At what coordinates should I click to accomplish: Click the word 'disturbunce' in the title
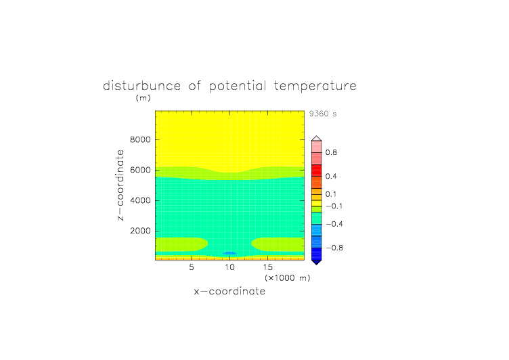(x=142, y=86)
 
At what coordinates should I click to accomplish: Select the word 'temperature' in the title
(x=315, y=87)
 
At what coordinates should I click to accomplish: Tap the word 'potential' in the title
(x=238, y=87)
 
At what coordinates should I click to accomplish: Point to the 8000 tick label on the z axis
(x=140, y=139)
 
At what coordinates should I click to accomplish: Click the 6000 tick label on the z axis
(x=140, y=170)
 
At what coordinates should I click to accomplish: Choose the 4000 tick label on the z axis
(x=140, y=200)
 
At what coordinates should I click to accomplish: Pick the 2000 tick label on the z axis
(x=140, y=231)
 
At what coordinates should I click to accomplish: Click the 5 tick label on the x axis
(x=192, y=267)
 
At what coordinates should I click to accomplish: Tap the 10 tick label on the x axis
(x=230, y=267)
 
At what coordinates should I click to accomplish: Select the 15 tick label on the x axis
(x=268, y=267)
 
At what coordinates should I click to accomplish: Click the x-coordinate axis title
(x=229, y=291)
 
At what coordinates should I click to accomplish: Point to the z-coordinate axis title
(x=120, y=185)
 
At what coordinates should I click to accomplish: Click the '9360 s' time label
(x=323, y=114)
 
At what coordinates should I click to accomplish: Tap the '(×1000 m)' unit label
(x=287, y=278)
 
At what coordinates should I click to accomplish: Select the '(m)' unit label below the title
(x=143, y=97)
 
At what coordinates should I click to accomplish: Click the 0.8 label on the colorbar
(x=331, y=152)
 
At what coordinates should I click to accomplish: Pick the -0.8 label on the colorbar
(x=334, y=248)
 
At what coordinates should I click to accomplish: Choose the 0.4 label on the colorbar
(x=331, y=176)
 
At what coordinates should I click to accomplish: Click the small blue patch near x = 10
(x=229, y=253)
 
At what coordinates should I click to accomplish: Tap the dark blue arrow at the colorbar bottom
(x=317, y=262)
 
